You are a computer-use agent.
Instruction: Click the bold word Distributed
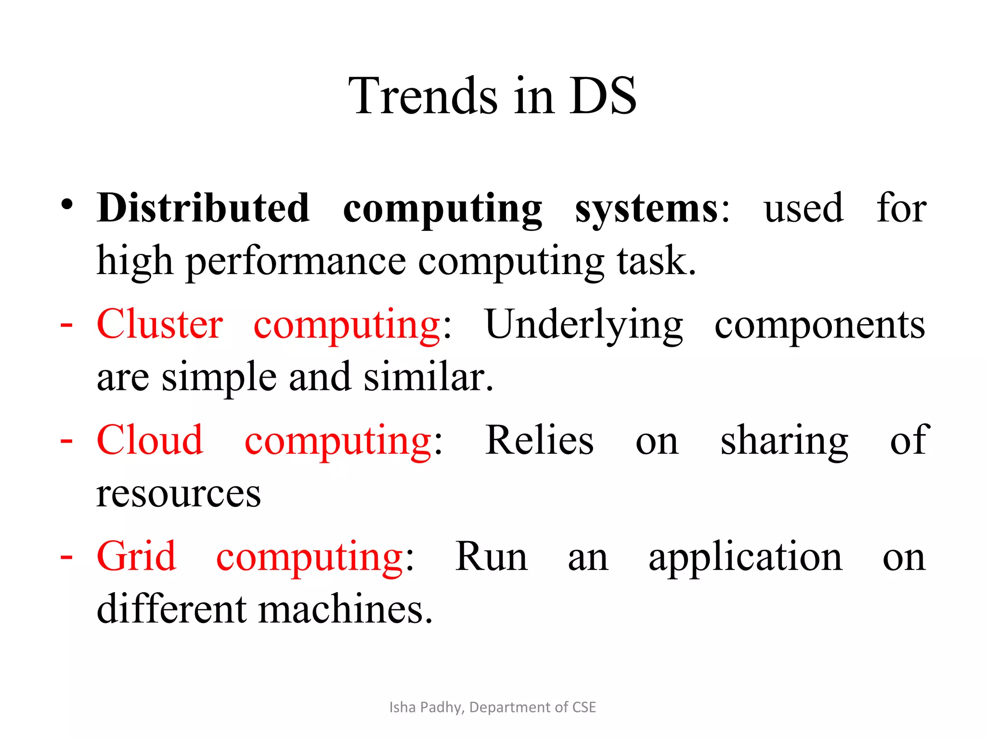click(203, 208)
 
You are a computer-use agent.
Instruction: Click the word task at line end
click(656, 261)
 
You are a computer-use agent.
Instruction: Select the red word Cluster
click(159, 324)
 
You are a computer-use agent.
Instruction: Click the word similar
click(428, 377)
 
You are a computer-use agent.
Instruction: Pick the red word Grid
click(136, 556)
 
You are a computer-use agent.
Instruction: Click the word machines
click(345, 609)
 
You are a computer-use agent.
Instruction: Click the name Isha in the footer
click(402, 707)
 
